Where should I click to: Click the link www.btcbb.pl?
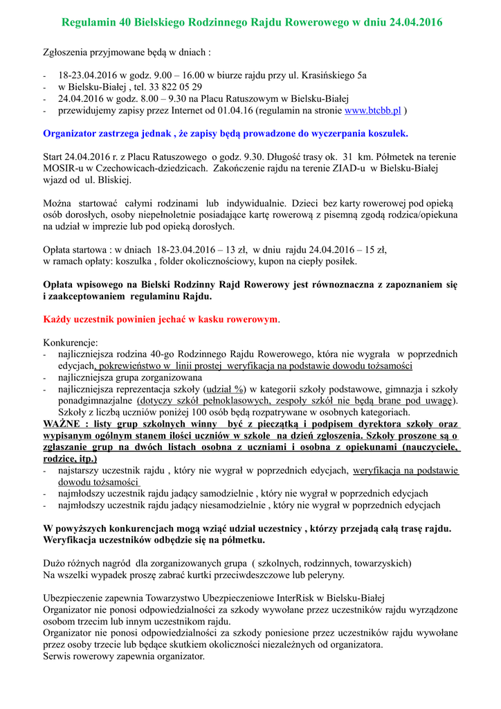pyautogui.click(x=373, y=111)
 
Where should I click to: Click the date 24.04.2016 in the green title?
pyautogui.click(x=416, y=23)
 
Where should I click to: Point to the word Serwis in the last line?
pyautogui.click(x=57, y=656)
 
